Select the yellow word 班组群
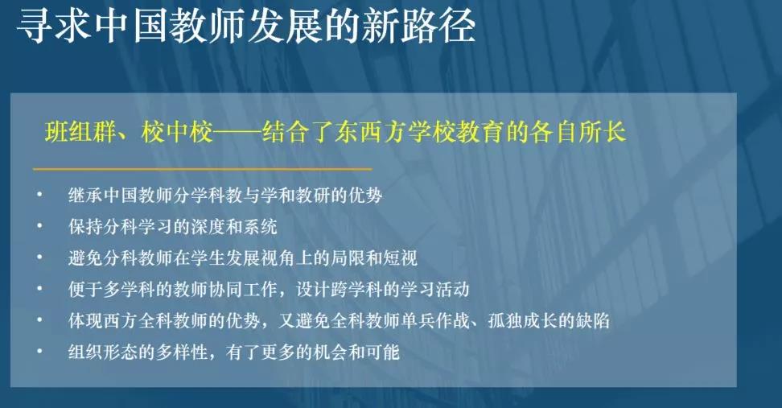[80, 132]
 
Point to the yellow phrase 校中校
[177, 132]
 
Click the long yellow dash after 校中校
[237, 133]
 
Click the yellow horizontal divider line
[202, 169]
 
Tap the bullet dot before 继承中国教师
[39, 195]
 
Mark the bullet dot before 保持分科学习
[39, 226]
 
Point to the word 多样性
[182, 352]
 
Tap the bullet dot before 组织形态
[39, 352]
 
